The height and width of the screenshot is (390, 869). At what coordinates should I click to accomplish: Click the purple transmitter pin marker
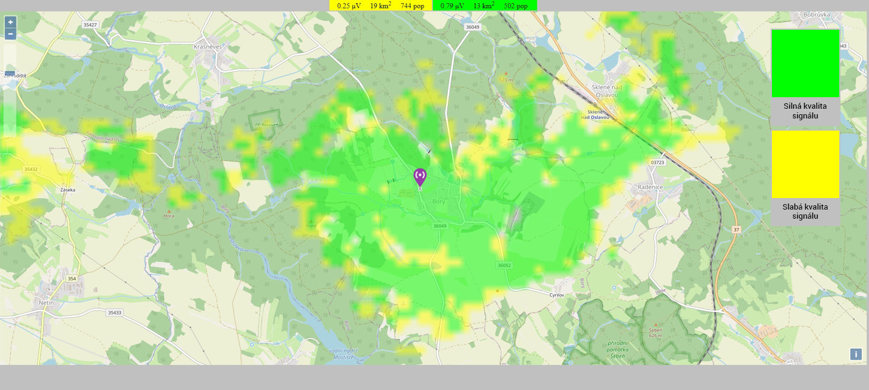coord(419,177)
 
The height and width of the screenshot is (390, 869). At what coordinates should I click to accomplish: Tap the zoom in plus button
coord(10,21)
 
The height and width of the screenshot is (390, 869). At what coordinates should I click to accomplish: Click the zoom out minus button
coord(10,34)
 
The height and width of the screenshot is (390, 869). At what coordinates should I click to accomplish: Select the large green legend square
coord(805,63)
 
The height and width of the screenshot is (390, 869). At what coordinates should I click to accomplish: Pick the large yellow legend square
coord(805,164)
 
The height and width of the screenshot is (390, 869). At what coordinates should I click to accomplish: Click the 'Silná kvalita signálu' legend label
coord(805,111)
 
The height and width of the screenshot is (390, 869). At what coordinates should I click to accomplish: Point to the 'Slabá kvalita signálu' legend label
coord(805,211)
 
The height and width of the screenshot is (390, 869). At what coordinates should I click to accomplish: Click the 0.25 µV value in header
coord(349,5)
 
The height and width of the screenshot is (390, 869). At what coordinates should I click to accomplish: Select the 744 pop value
coord(413,5)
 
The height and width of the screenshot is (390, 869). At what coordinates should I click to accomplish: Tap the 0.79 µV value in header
coord(453,5)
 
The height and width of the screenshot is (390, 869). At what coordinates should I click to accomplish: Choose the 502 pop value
coord(516,5)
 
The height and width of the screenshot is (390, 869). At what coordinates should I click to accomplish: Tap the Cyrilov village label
coord(557,295)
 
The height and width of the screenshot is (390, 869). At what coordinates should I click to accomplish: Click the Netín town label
coord(47,302)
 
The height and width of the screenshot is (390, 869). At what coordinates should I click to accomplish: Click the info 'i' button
coord(856,354)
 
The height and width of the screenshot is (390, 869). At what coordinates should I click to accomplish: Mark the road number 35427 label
coord(90,25)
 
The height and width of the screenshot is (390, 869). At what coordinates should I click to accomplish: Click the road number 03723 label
coord(657,162)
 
